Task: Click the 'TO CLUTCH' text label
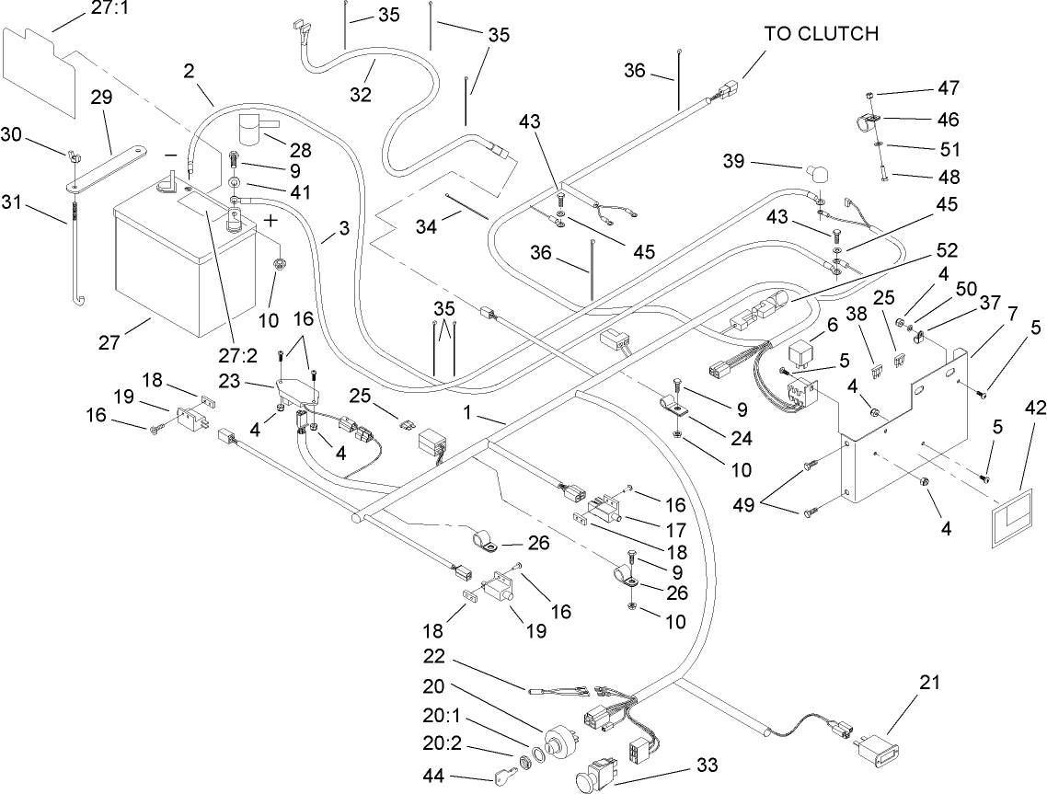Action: [x=821, y=34]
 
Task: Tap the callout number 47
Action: [x=948, y=89]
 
